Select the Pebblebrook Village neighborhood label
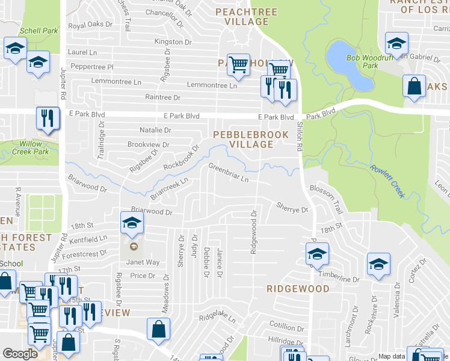point(250,139)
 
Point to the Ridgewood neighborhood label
point(298,289)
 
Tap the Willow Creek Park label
point(33,148)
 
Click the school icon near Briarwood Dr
point(132,224)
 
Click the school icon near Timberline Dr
point(378,265)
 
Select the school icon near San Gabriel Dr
point(396,44)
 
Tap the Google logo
point(20,354)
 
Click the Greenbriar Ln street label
point(228,172)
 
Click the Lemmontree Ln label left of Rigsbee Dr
point(116,81)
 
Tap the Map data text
point(392,356)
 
